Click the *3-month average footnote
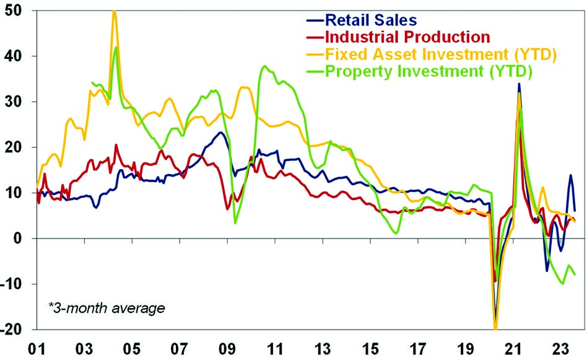point(107,307)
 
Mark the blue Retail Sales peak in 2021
point(519,84)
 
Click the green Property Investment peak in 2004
point(116,47)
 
